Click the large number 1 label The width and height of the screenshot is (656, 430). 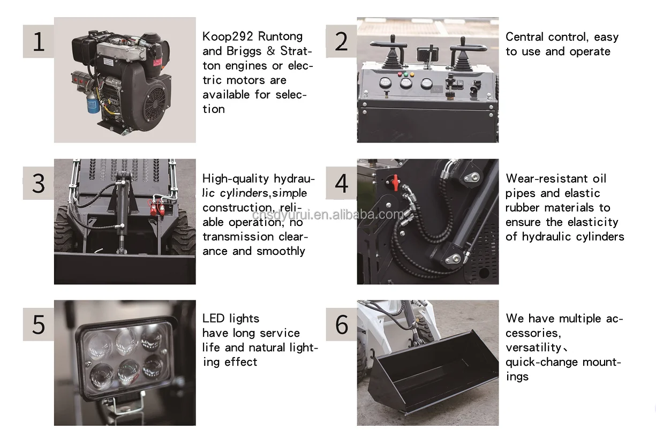39,41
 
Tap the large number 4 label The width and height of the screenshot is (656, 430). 342,183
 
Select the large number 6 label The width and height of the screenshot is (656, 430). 342,325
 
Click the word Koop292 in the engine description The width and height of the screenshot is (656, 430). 228,36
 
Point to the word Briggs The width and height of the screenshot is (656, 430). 244,51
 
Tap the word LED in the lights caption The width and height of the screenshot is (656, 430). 213,319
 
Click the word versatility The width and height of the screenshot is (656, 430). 533,348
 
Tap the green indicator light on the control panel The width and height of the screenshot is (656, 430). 406,74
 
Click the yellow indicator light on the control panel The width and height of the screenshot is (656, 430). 412,74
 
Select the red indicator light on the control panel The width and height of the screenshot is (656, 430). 399,74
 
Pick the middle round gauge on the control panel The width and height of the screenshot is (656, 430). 406,83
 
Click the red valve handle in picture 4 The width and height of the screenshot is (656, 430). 396,183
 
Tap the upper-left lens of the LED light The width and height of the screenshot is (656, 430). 100,346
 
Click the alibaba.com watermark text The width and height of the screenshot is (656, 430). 328,215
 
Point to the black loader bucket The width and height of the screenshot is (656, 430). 433,372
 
